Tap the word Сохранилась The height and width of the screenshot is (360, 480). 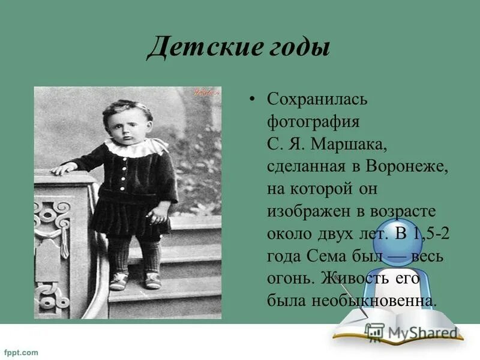click(x=317, y=100)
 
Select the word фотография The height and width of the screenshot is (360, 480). click(x=313, y=122)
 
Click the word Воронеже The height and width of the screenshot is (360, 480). click(x=407, y=166)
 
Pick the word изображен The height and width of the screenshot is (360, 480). click(x=309, y=211)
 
